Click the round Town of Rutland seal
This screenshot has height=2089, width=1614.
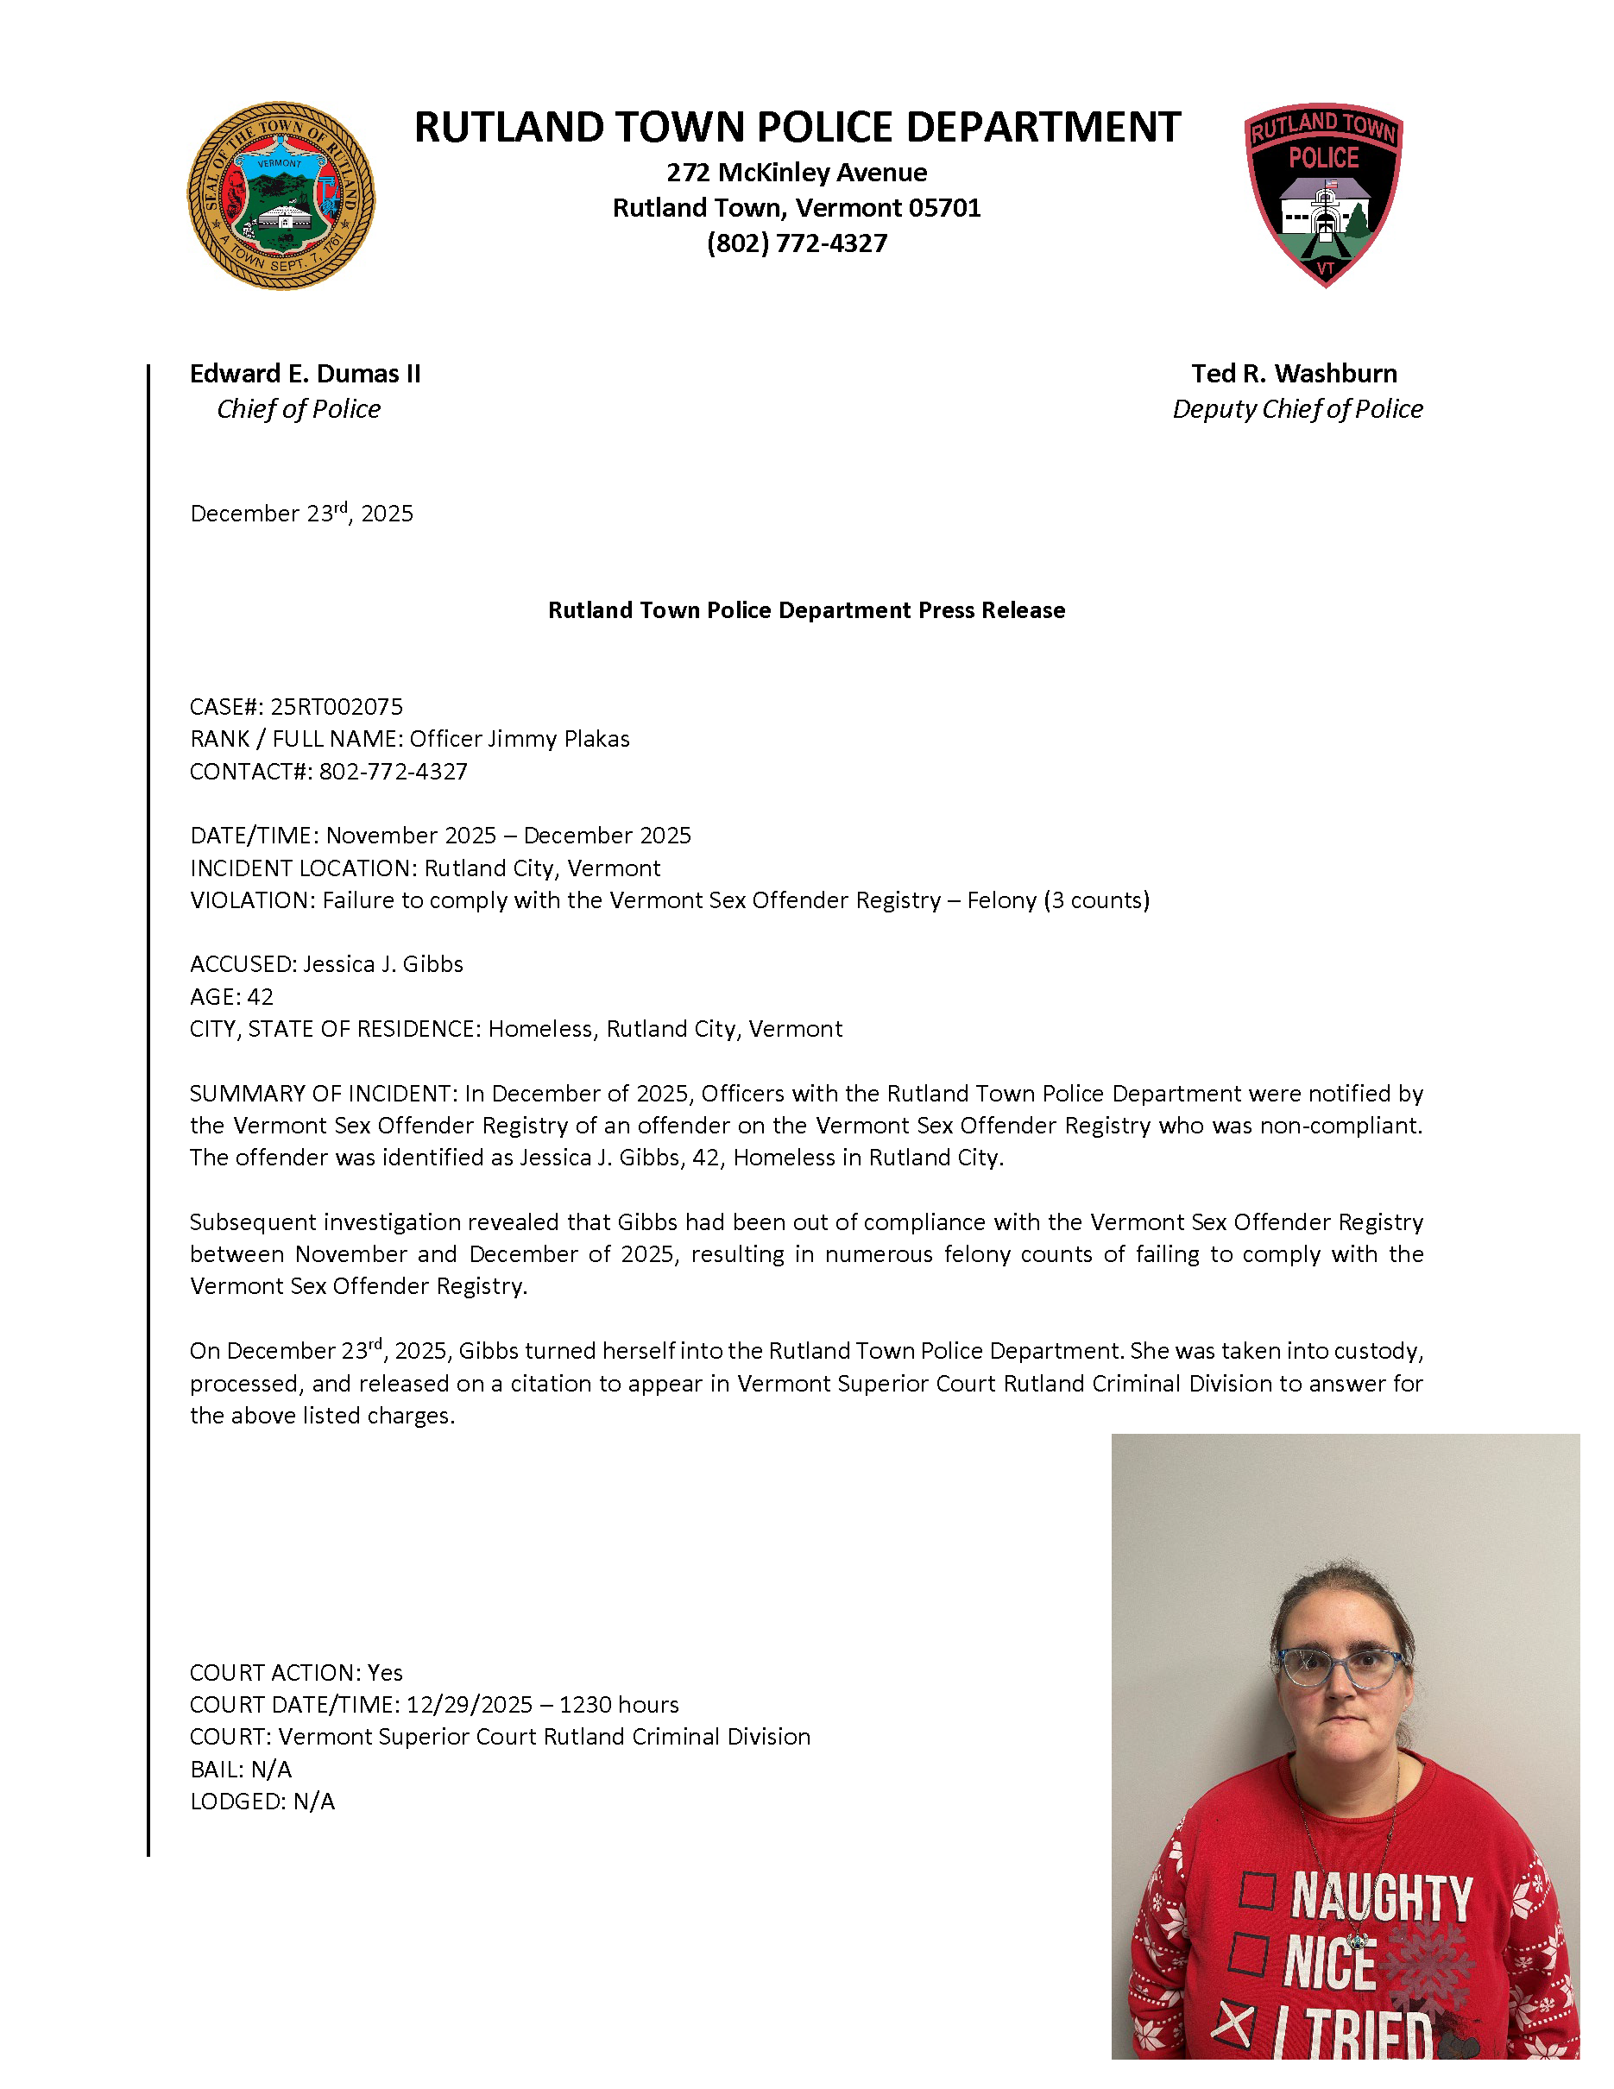click(x=281, y=196)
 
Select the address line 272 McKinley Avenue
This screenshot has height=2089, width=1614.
click(x=797, y=174)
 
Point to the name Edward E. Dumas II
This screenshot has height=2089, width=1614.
click(x=305, y=374)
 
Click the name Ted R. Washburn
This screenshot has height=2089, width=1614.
click(x=1294, y=374)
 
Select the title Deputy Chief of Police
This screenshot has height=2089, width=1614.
click(x=1296, y=409)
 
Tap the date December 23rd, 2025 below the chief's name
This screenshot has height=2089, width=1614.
click(x=301, y=514)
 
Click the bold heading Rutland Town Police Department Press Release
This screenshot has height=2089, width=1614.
click(x=806, y=610)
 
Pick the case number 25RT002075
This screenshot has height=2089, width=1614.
click(x=337, y=707)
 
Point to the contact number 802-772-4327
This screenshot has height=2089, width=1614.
click(x=393, y=772)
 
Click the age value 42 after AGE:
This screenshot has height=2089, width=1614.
click(x=260, y=997)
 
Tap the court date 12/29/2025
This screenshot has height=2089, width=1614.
click(x=469, y=1705)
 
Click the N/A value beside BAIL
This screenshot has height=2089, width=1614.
click(x=272, y=1770)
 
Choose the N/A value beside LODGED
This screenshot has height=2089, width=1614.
click(x=313, y=1802)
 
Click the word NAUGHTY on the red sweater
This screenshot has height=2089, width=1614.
click(x=1381, y=1897)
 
